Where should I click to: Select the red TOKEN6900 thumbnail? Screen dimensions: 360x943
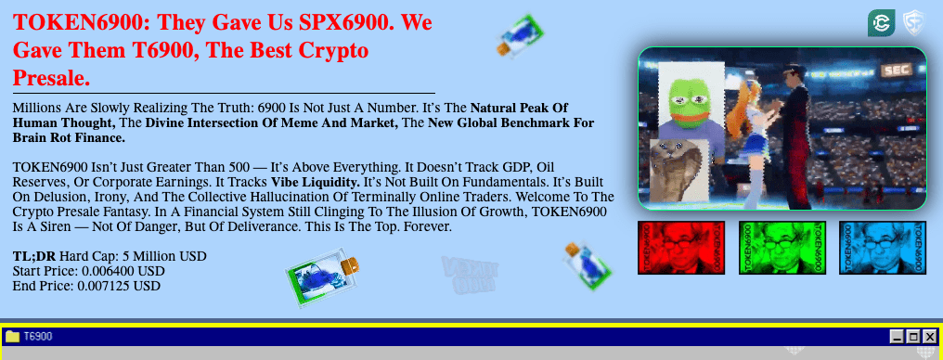point(681,248)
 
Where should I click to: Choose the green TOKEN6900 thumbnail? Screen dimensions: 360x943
point(782,248)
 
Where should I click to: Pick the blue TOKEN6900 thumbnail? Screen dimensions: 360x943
point(882,248)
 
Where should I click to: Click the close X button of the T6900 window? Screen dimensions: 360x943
point(929,337)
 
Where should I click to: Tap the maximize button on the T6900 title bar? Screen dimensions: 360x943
point(913,337)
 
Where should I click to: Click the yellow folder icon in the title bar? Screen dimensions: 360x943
point(13,336)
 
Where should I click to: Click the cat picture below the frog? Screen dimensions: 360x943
point(678,170)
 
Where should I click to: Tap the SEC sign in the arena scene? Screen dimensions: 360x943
point(896,70)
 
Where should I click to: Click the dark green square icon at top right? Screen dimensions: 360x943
point(881,23)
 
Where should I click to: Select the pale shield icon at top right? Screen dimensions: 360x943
point(914,23)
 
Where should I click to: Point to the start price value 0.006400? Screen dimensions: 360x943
point(110,271)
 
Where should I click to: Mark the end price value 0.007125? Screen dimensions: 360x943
point(106,286)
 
